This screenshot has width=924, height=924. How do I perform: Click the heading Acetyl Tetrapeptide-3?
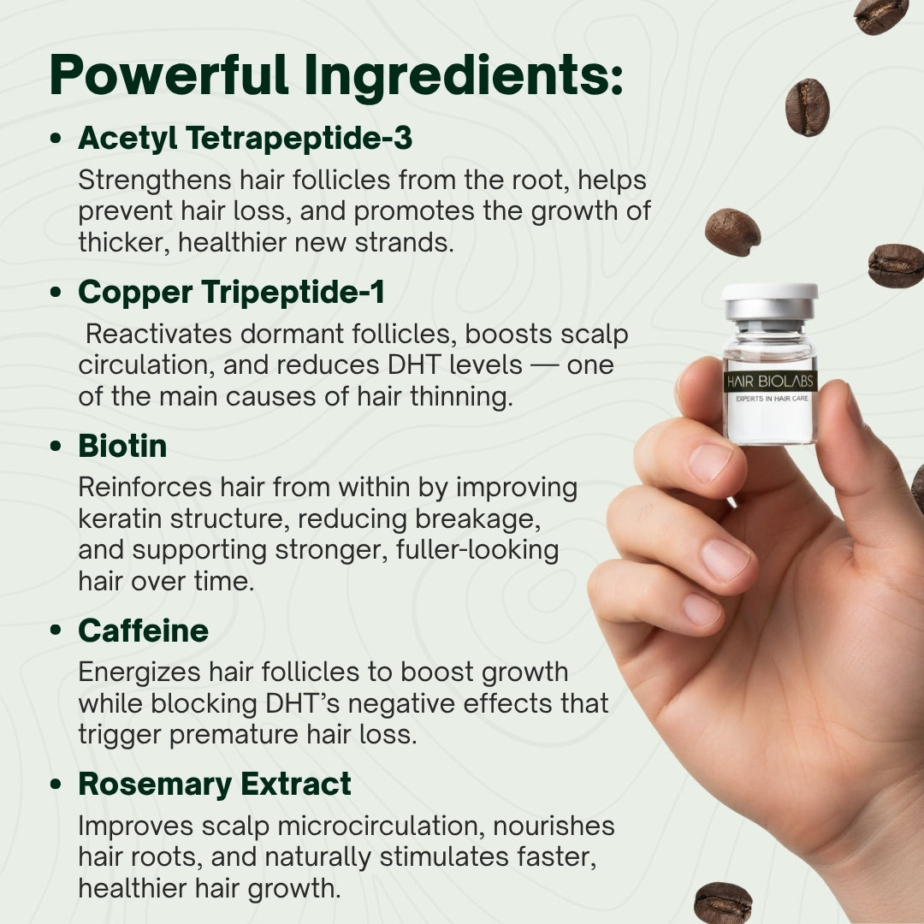[x=246, y=139]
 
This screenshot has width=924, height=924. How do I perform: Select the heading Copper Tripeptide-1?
[x=231, y=293]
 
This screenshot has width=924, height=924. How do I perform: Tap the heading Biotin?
[x=122, y=446]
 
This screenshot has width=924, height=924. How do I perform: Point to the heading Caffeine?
[x=143, y=631]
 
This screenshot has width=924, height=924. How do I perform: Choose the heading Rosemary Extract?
[x=214, y=784]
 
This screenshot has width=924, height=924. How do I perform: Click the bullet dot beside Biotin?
[x=56, y=447]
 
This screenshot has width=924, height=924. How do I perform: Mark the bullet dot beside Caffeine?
[x=56, y=631]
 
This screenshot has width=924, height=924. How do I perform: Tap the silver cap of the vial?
[x=769, y=300]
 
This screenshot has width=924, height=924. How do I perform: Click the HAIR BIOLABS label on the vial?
[x=770, y=382]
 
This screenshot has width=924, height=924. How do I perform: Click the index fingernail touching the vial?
[x=709, y=462]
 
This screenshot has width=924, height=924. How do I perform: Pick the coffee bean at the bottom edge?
[x=723, y=903]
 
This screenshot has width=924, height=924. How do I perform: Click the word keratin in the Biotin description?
[x=115, y=518]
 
